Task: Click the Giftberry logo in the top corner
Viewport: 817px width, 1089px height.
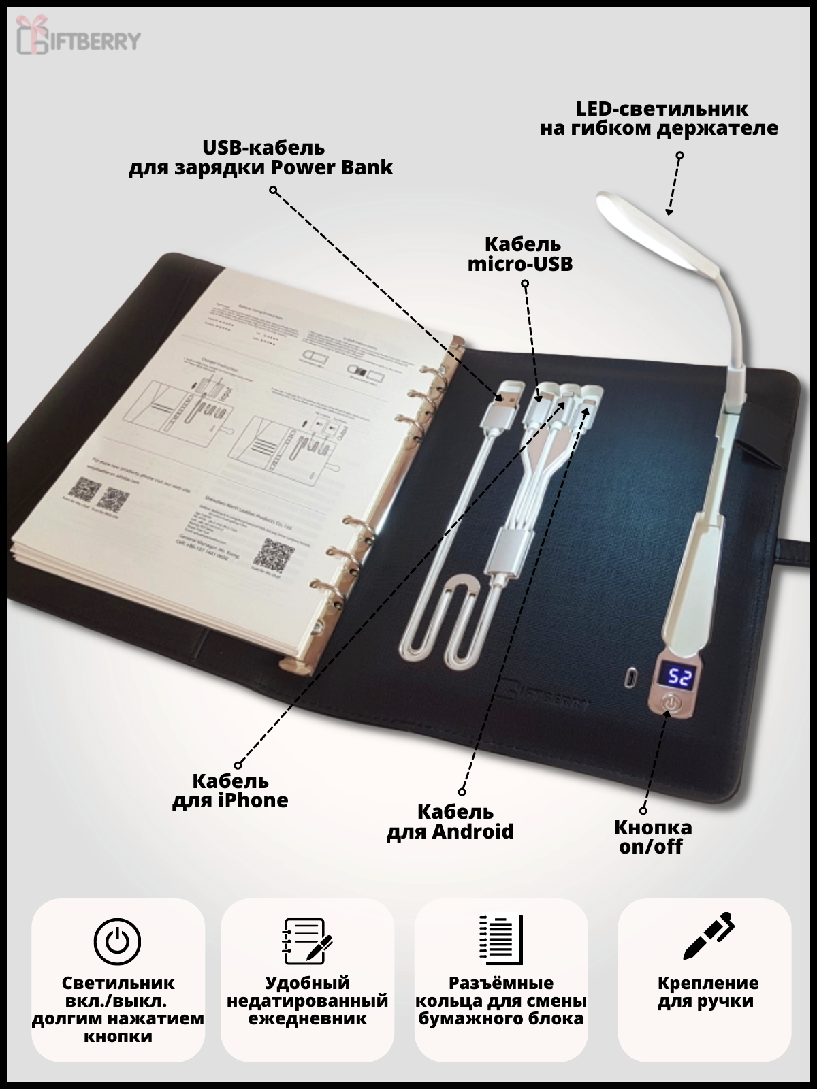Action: [x=78, y=39]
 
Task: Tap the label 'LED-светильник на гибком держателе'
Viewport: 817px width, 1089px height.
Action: [x=658, y=118]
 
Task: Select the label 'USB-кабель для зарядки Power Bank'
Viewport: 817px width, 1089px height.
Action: [x=261, y=157]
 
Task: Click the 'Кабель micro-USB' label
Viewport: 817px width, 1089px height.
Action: [x=520, y=254]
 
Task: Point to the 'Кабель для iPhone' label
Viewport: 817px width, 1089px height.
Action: [x=230, y=790]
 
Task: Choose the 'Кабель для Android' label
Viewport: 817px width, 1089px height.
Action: [x=450, y=822]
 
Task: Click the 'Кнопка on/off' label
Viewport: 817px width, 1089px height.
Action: [x=653, y=837]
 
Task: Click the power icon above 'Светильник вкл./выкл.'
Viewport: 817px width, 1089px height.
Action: [x=118, y=940]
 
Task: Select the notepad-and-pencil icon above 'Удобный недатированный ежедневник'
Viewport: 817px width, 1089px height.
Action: [x=306, y=940]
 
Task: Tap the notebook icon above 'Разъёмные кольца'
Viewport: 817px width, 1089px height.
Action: [x=500, y=940]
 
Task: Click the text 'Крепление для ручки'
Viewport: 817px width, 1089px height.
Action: [x=707, y=992]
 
